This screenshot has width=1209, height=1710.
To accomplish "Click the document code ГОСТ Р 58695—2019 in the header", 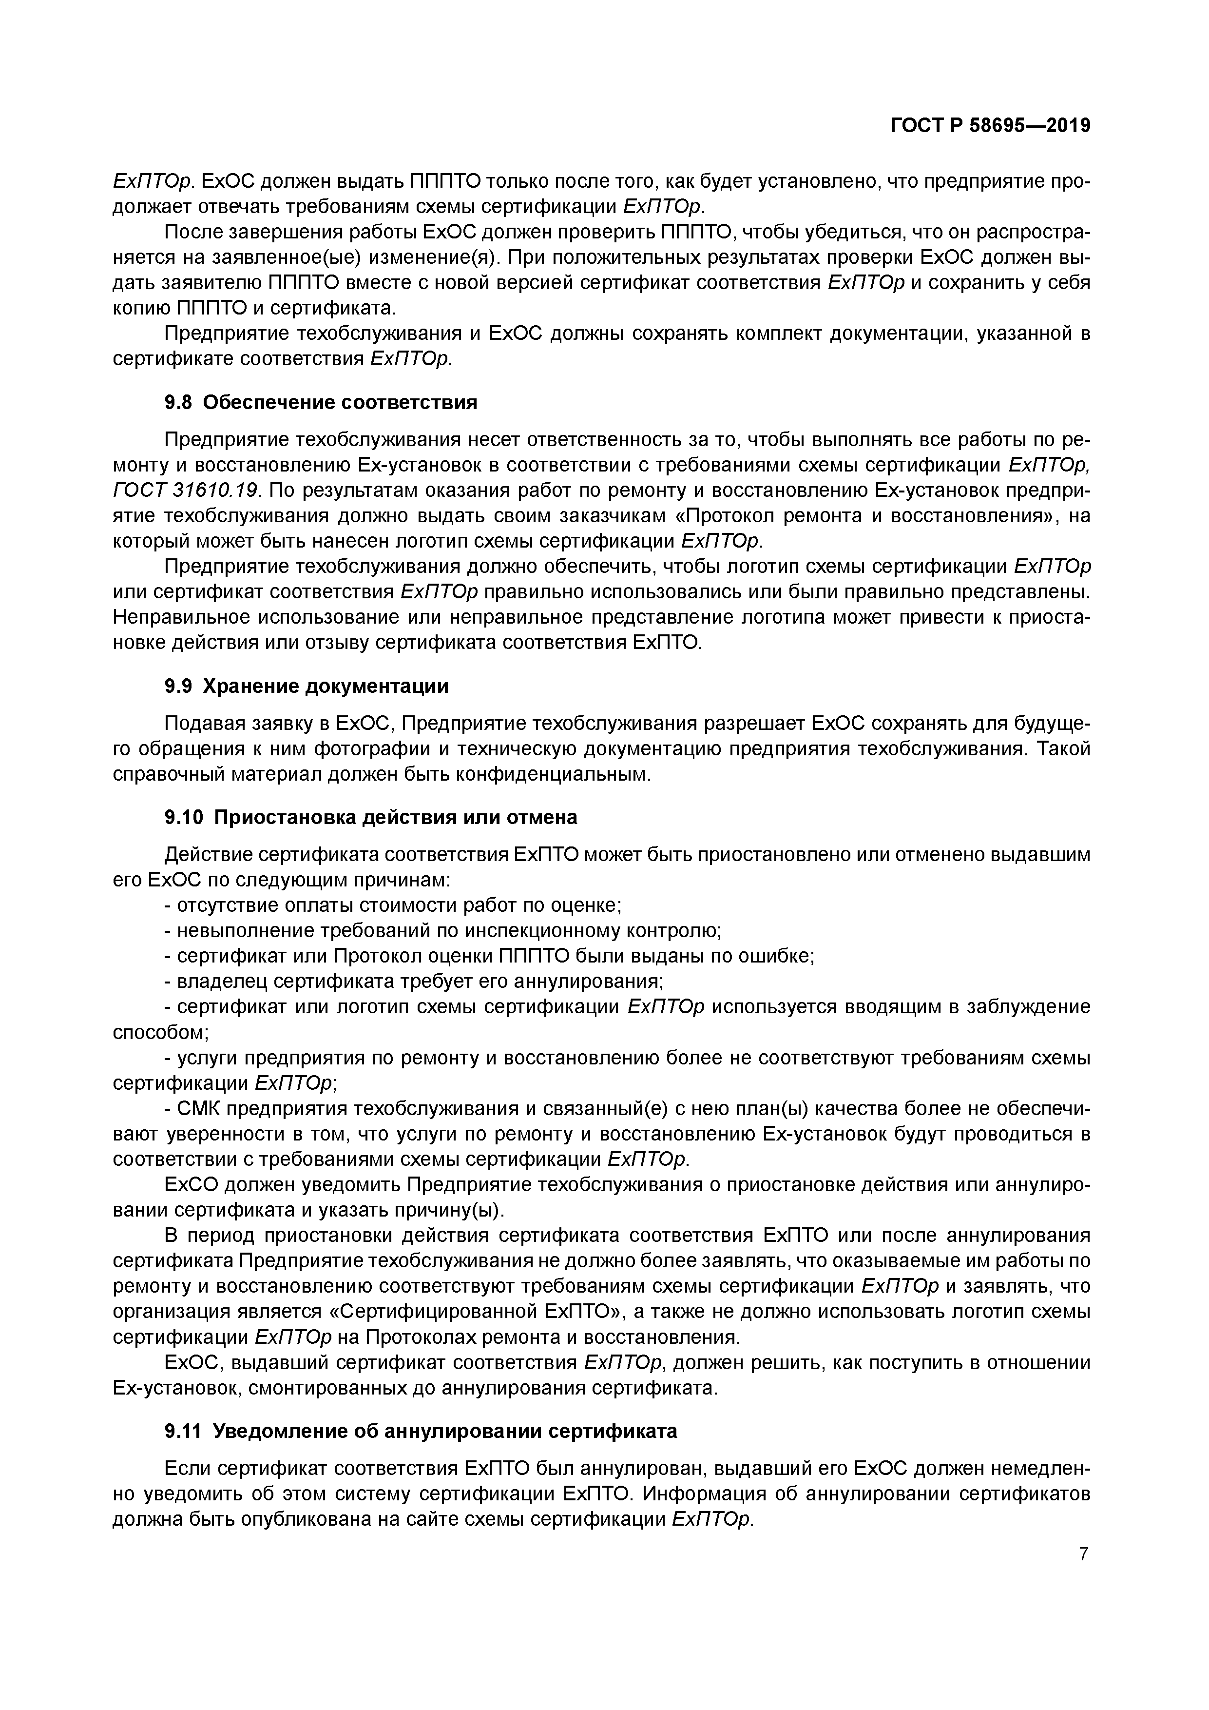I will click(990, 126).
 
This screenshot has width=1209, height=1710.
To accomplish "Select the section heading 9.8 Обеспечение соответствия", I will click(320, 403).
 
